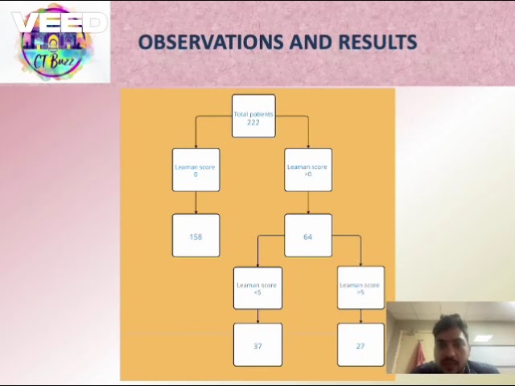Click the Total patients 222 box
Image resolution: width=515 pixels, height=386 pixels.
[x=253, y=117]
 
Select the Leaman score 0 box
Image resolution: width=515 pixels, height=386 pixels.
[x=196, y=170]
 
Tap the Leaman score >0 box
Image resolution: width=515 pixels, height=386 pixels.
[x=308, y=170]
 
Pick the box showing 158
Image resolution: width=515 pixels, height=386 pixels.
[x=196, y=236]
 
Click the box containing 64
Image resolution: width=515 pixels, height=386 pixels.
[x=308, y=236]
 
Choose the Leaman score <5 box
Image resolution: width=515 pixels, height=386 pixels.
[x=257, y=288]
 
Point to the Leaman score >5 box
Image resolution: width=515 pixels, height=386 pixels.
[x=360, y=288]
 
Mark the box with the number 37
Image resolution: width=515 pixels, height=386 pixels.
[x=257, y=345]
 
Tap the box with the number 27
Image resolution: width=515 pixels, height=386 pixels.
[x=360, y=345]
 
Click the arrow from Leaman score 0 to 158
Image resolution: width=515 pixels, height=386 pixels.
[x=196, y=203]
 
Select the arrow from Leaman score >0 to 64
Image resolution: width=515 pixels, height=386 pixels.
[x=308, y=203]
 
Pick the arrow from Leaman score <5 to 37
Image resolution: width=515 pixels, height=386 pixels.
[x=257, y=317]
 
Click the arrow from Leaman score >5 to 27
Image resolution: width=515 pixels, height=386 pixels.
[x=360, y=317]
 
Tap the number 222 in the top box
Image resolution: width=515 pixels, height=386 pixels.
[x=253, y=122]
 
